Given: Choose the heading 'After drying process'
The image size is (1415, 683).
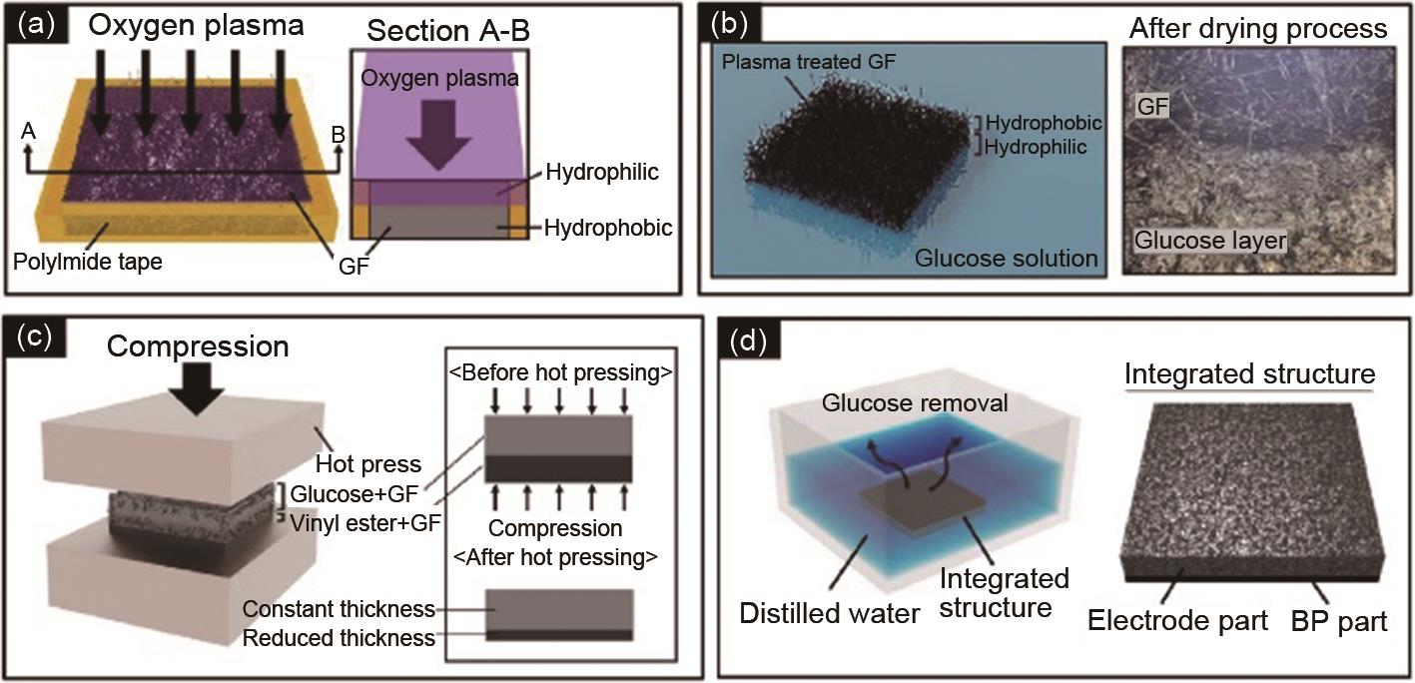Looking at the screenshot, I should (1258, 28).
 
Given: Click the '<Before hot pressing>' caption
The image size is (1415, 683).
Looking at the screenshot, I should (559, 372).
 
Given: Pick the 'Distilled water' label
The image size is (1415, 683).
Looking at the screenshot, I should (829, 612).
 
